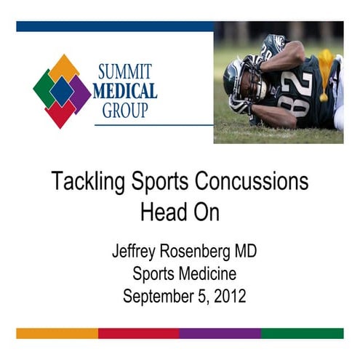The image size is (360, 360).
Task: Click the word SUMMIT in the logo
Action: pyautogui.click(x=125, y=73)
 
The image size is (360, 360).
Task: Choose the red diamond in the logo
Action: pyautogui.click(x=63, y=113)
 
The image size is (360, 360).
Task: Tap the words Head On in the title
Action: pyautogui.click(x=180, y=212)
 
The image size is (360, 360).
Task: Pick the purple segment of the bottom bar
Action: pyautogui.click(x=220, y=333)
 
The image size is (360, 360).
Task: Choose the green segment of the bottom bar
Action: pyautogui.click(x=302, y=333)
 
